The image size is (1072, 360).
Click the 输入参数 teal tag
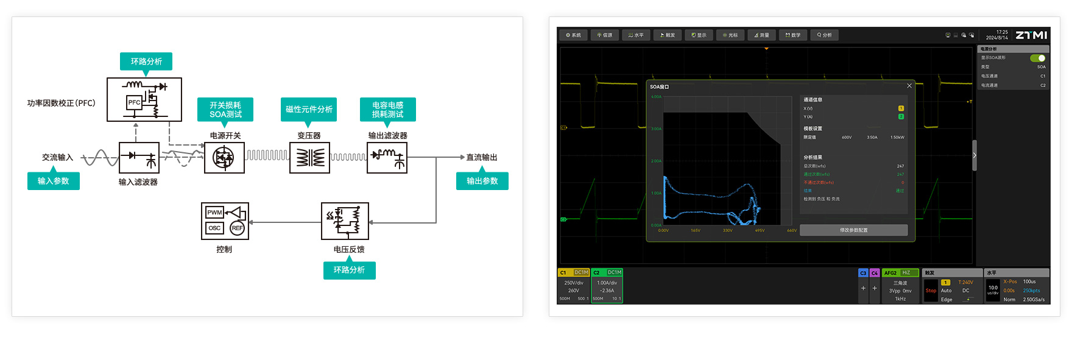pyautogui.click(x=54, y=181)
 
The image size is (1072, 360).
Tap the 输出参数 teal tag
pyautogui.click(x=482, y=181)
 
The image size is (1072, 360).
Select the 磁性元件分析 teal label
pyautogui.click(x=309, y=110)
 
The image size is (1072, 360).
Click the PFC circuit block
pyautogui.click(x=144, y=99)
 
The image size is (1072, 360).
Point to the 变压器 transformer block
pyautogui.click(x=309, y=158)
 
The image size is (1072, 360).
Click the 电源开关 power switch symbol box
pyautogui.click(x=224, y=158)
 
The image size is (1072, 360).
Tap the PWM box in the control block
pyautogui.click(x=214, y=213)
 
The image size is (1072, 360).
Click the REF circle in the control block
pyautogui.click(x=237, y=228)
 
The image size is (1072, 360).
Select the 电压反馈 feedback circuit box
pyautogui.click(x=345, y=221)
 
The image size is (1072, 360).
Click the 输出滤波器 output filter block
pyautogui.click(x=387, y=158)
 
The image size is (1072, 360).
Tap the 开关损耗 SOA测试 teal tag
pyautogui.click(x=225, y=110)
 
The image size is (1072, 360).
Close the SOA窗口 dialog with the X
pyautogui.click(x=909, y=86)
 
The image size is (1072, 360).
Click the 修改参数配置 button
pyautogui.click(x=853, y=230)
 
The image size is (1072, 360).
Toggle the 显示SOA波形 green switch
pyautogui.click(x=1037, y=58)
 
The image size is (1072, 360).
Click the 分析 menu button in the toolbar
pyautogui.click(x=825, y=35)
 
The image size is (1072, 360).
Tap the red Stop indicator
pyautogui.click(x=931, y=291)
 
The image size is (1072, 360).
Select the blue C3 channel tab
pyautogui.click(x=863, y=273)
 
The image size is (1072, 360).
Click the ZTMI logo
pyautogui.click(x=1031, y=35)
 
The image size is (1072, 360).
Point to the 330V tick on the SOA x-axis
pyautogui.click(x=727, y=230)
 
